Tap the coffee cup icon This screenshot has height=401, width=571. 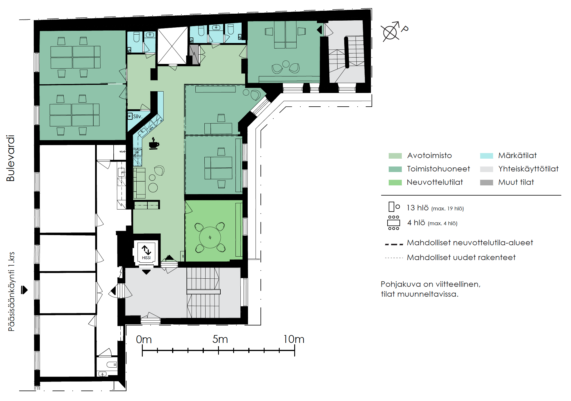(x=154, y=144)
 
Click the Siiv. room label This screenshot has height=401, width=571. (x=138, y=117)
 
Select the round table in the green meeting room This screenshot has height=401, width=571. (x=210, y=237)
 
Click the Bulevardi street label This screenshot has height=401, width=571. (x=10, y=158)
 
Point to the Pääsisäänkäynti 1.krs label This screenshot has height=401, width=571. (x=11, y=291)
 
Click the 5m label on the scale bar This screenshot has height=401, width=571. (x=220, y=339)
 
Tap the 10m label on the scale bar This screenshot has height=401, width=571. (x=294, y=339)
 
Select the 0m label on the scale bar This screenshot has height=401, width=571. (x=144, y=339)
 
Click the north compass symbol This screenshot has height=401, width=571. (x=392, y=31)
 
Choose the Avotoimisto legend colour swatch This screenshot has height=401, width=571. (x=395, y=156)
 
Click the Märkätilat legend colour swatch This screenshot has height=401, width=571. (x=486, y=156)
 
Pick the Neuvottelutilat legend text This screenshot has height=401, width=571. (x=435, y=182)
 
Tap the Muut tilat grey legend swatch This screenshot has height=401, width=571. (x=486, y=182)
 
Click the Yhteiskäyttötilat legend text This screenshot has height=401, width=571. (x=528, y=169)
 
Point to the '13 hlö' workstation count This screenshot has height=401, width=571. (x=417, y=208)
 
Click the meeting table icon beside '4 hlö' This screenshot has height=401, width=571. (x=394, y=223)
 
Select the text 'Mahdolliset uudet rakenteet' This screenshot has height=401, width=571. (x=461, y=257)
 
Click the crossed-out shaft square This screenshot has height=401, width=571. (x=172, y=46)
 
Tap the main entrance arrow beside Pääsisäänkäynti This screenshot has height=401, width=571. (x=24, y=290)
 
